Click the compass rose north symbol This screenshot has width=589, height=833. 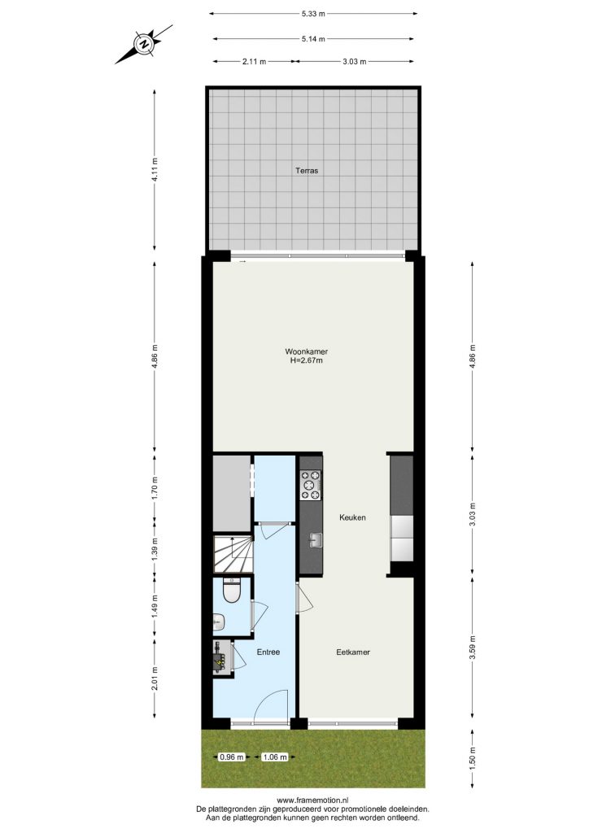point(143,44)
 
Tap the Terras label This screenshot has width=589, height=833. point(307,171)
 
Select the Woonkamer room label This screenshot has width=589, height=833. point(307,351)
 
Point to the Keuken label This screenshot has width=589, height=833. point(352,517)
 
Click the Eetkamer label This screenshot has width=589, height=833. point(353,652)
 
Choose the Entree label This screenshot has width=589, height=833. point(268,652)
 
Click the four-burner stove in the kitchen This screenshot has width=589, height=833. point(312,486)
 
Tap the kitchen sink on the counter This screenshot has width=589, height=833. point(316,540)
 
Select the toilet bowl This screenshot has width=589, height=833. point(232,591)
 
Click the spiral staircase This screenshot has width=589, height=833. point(233,554)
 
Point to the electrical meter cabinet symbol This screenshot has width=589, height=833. point(221,657)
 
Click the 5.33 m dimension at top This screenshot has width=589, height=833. point(313,14)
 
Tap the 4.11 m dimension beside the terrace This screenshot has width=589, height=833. point(155,170)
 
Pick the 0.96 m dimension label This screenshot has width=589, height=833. point(232,757)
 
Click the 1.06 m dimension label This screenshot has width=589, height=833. point(275,757)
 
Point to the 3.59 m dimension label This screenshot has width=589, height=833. point(473,647)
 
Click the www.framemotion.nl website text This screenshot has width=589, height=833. point(313,800)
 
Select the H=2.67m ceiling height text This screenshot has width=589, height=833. point(307,360)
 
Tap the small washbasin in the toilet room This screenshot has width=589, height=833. point(218,621)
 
